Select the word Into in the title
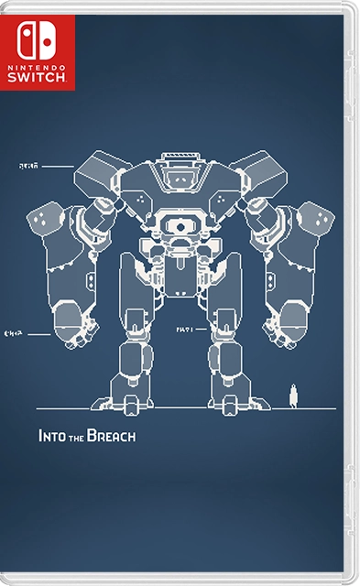tap(50, 436)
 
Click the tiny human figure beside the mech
tap(293, 395)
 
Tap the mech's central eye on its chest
tap(179, 225)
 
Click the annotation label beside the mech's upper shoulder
tap(27, 166)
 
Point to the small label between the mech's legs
tap(184, 328)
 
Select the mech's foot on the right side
tap(228, 396)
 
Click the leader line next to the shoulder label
tap(58, 166)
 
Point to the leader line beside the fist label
tap(38, 334)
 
